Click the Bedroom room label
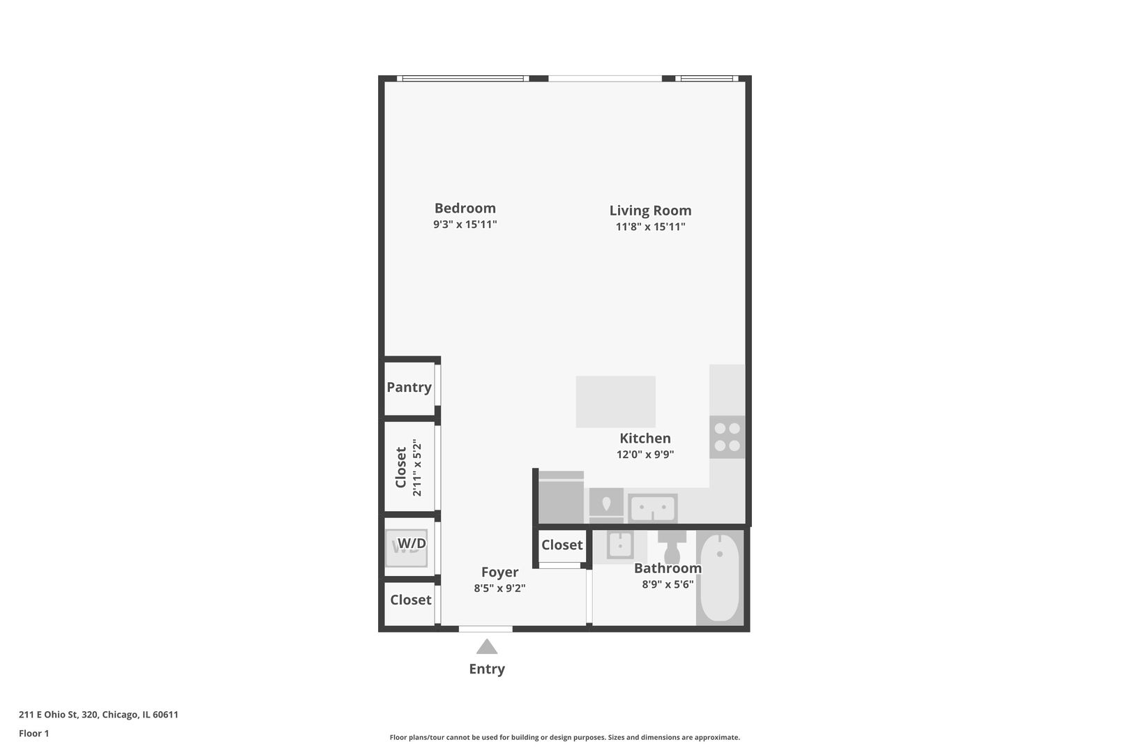pos(465,208)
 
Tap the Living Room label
pos(650,210)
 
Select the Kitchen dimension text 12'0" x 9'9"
pos(645,455)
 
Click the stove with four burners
pos(727,436)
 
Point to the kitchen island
pos(615,402)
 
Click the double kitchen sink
pos(652,508)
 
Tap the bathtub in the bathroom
pos(719,577)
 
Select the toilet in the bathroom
pos(672,546)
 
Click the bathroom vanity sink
pos(619,545)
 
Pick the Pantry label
pos(409,387)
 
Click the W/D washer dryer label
pos(412,543)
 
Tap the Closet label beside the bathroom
pos(562,545)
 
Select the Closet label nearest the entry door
pos(410,600)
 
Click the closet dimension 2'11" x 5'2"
pos(417,467)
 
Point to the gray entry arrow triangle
pos(487,647)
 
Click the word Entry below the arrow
pos(487,669)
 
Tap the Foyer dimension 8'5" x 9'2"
pos(499,588)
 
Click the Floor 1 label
pos(33,733)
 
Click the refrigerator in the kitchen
pos(561,497)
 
